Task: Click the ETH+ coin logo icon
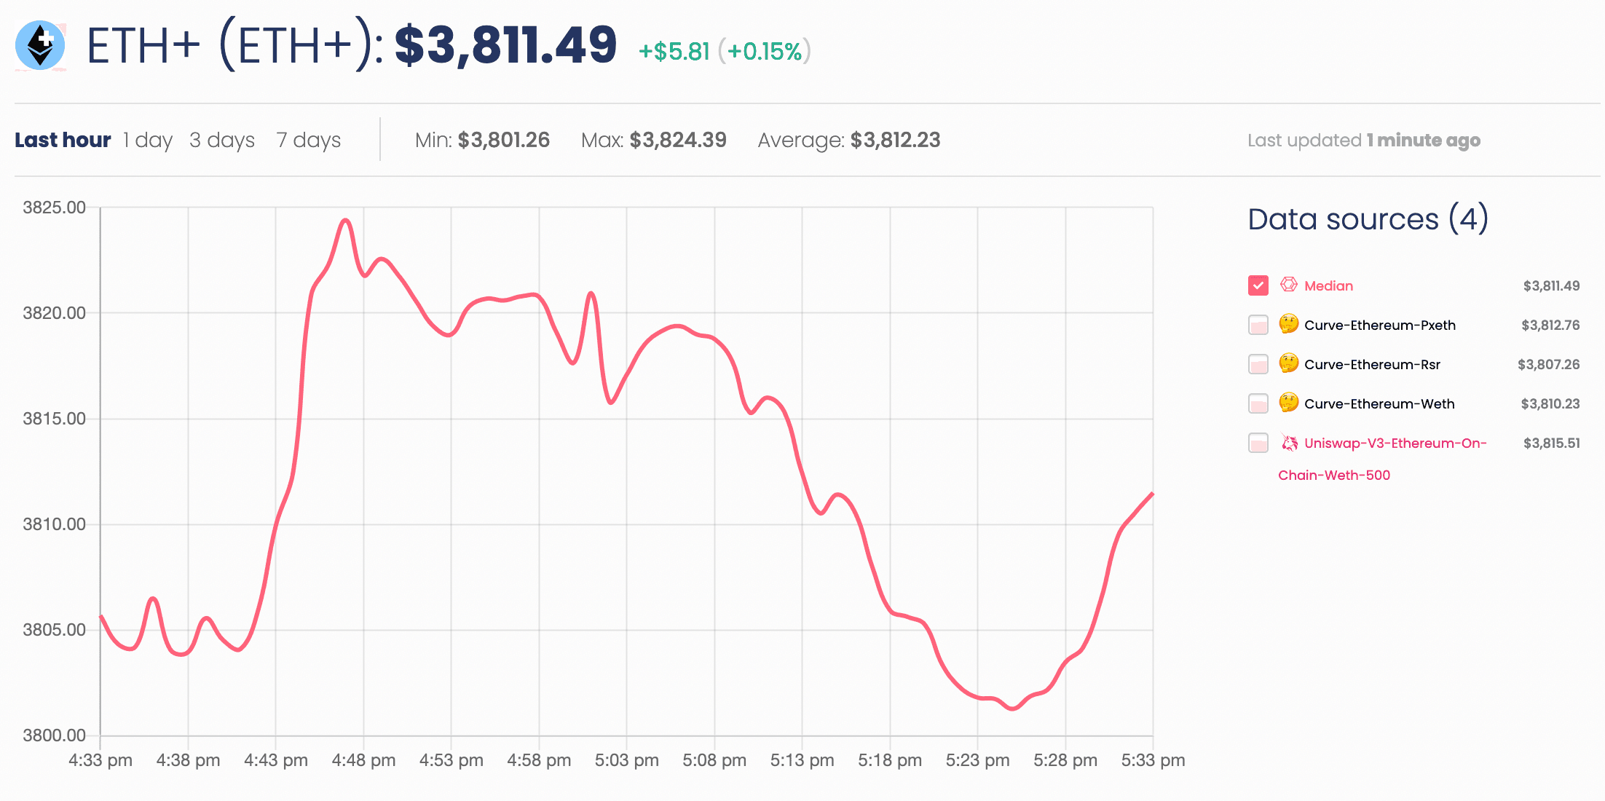[x=41, y=45]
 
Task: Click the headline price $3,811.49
[x=505, y=45]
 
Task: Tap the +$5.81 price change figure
[x=674, y=52]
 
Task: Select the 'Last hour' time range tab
[x=63, y=140]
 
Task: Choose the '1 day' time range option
[x=148, y=140]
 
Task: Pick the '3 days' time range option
[x=222, y=140]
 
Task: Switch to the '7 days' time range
[x=309, y=140]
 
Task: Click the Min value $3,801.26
[x=503, y=140]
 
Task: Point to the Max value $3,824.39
[x=678, y=140]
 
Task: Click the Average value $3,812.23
[x=895, y=140]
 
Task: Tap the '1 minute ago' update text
[x=1423, y=141]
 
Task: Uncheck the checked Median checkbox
[x=1258, y=285]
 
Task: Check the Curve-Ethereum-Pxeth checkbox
[x=1258, y=325]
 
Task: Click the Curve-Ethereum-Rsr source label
[x=1372, y=365]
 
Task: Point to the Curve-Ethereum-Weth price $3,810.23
[x=1550, y=404]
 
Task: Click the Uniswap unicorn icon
[x=1289, y=443]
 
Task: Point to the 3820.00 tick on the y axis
[x=55, y=313]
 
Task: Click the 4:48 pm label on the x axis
[x=363, y=760]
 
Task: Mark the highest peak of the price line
[x=346, y=219]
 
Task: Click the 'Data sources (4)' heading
[x=1368, y=219]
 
